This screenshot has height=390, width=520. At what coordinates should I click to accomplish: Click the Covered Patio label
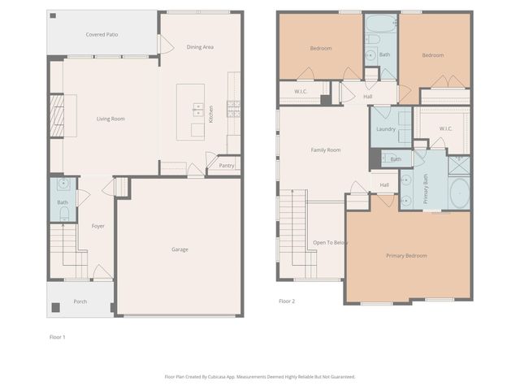coord(102,35)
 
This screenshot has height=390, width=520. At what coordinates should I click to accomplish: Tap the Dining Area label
coord(200,47)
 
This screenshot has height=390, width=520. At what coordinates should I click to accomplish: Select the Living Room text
coord(110,119)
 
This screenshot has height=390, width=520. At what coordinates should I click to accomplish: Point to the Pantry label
coord(226,166)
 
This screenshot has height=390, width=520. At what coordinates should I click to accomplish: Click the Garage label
coord(180,249)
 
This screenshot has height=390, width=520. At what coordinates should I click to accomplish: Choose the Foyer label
coord(97,226)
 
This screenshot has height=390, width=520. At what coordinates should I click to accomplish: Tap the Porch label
coord(80,301)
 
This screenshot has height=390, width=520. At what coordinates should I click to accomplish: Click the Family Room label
coord(326,149)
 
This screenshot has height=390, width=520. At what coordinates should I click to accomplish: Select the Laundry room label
coord(385,129)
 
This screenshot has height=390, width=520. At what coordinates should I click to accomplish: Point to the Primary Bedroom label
coord(406,255)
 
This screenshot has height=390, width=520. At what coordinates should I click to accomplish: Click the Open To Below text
coord(331,242)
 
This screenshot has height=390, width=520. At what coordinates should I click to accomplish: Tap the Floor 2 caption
coord(287,301)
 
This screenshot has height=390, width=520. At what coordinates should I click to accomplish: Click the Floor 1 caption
coord(58,336)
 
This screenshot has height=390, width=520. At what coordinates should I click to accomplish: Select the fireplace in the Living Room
coord(56,119)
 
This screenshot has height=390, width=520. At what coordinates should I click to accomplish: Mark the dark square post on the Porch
coord(56,308)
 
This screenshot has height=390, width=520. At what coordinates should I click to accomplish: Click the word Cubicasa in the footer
coord(218,376)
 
